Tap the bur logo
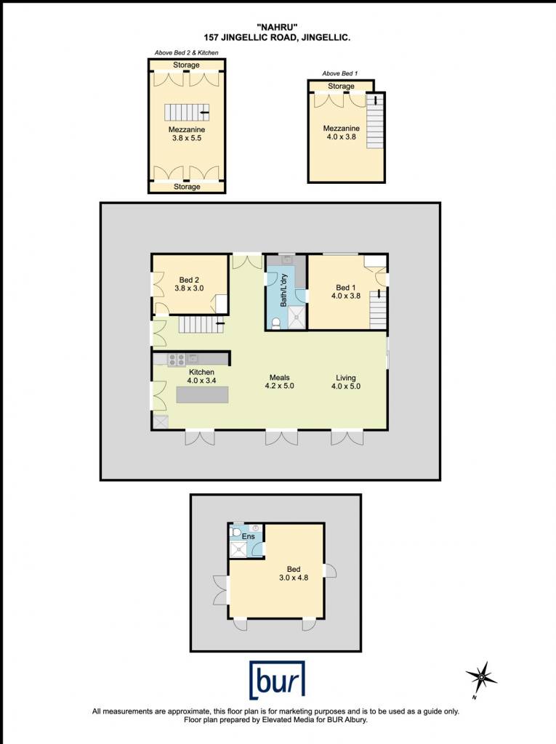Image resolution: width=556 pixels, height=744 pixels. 278,680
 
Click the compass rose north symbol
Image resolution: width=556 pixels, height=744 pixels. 480,679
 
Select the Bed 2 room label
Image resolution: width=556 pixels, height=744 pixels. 189,284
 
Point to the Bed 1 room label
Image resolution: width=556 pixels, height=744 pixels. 346,291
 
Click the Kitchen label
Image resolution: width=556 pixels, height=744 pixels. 202,376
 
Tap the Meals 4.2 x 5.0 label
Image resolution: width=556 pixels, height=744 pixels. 279,382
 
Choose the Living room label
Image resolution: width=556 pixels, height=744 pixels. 346,382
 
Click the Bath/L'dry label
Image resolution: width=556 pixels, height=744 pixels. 284,291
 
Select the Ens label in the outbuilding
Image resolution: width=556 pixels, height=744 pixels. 249,536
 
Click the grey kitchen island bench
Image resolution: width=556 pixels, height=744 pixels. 202,395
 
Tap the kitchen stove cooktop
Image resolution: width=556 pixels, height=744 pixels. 176,360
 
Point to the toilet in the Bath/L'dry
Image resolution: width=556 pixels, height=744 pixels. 276,323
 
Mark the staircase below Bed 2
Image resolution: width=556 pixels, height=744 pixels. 201,325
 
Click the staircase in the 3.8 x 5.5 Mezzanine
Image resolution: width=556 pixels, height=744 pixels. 187,113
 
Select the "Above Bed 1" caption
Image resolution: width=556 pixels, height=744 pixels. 340,73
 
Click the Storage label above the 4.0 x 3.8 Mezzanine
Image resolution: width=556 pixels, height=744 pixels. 341,86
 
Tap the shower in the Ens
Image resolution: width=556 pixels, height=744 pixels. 238,549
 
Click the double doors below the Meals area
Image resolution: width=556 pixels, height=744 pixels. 281,437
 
